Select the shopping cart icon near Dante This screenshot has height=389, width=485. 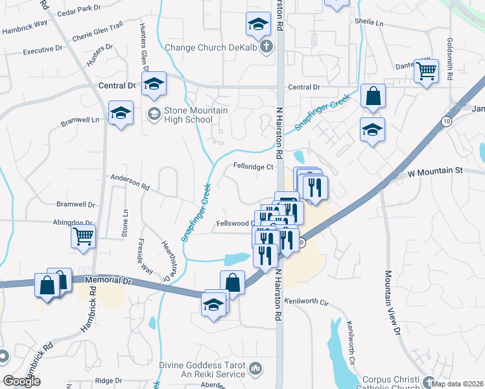(427, 71)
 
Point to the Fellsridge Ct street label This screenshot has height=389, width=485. (254, 167)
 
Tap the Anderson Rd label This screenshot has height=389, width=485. (130, 181)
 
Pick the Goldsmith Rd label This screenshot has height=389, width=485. (449, 59)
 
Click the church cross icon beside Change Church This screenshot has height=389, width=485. (266, 47)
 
